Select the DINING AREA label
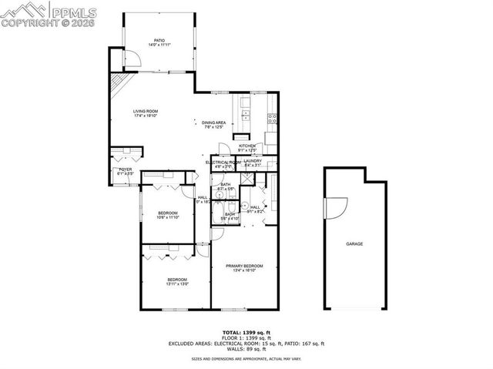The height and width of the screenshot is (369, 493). coord(213,122)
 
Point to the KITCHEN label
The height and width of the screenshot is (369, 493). coord(246,146)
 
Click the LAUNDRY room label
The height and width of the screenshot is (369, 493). coord(253,161)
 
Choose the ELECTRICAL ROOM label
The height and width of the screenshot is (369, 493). coord(223,162)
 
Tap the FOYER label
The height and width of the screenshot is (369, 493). coord(125,171)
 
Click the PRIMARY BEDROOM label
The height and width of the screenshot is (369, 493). coord(244,266)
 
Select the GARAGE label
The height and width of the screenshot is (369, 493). coord(354,243)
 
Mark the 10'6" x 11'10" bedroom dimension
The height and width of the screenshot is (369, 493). coord(168,217)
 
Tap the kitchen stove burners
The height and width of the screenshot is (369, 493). coord(271,118)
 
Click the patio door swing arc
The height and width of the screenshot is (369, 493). coord(132,61)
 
